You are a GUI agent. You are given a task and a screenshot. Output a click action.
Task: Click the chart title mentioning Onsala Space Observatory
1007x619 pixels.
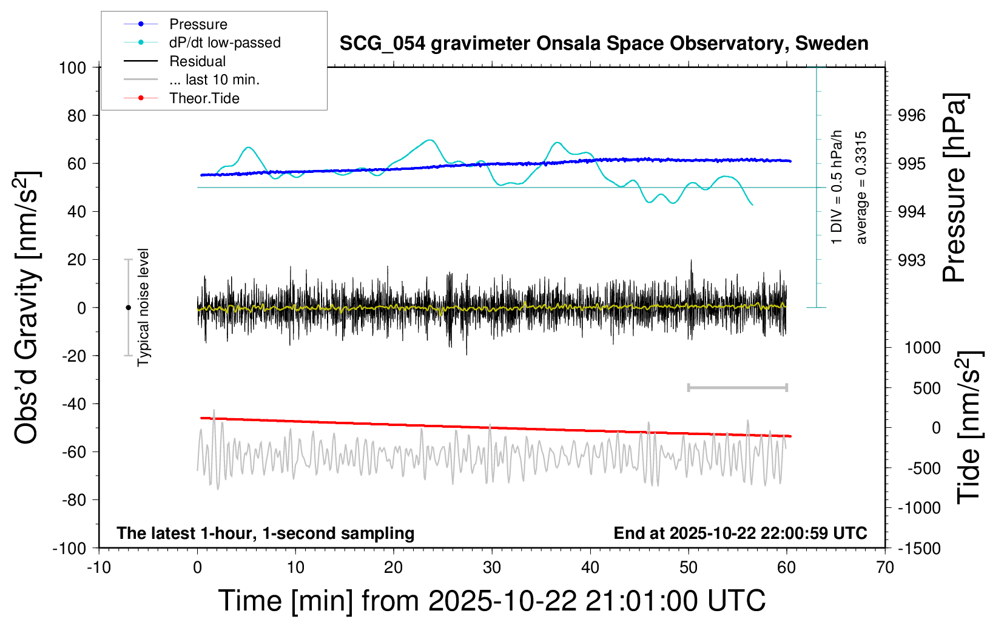coord(604,44)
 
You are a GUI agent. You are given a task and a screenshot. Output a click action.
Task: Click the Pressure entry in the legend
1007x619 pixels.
coord(198,24)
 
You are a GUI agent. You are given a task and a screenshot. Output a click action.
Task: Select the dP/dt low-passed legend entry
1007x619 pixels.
coord(224,42)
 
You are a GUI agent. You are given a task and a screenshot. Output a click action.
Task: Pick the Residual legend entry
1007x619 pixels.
coord(197,61)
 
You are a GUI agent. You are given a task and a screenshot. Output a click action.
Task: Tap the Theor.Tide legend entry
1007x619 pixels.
coord(204,98)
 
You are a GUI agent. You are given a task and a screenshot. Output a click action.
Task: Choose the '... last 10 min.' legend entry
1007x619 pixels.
coord(214,79)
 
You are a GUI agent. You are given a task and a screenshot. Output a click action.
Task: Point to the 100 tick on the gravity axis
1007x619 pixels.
coord(72,67)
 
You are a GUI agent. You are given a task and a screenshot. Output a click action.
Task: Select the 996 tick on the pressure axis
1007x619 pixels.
coord(912,115)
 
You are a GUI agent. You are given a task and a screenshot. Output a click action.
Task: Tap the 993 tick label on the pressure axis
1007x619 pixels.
coord(912,260)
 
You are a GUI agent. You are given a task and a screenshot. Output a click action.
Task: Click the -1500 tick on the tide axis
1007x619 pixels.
coord(919,548)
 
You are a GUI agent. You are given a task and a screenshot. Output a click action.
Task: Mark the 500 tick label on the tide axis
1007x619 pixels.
coord(926,388)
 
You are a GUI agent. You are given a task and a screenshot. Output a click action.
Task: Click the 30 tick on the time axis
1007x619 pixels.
coord(492,567)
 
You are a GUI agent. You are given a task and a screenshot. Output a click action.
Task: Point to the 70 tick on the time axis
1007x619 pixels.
coord(885,567)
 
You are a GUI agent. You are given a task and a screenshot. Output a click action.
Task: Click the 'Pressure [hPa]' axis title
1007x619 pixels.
coord(954,188)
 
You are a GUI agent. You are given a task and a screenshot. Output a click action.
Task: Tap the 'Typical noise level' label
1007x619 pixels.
coord(143,307)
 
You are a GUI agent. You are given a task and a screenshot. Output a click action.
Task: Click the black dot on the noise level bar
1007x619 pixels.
coord(128,308)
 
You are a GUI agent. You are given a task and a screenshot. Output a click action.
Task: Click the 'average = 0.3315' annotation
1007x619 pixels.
coord(861,188)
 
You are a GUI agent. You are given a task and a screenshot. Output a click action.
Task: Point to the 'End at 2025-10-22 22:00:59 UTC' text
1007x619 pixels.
coord(740,533)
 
